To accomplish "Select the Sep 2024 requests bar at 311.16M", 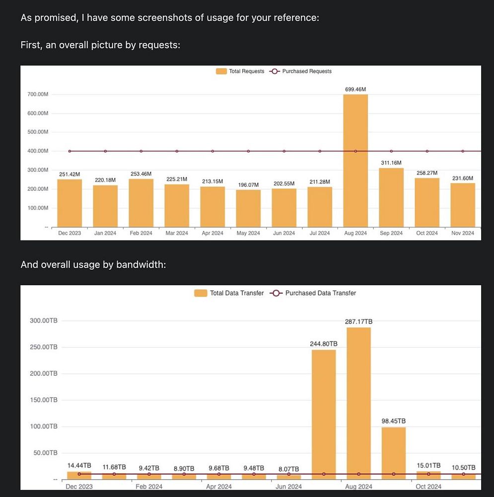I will tap(391, 197).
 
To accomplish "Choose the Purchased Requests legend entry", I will tap(301, 72).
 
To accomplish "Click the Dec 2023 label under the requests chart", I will tap(70, 233).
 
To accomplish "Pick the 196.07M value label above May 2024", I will tap(248, 185).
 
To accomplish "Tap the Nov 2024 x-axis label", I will tap(463, 233).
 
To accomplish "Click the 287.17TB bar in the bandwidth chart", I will tap(358, 403).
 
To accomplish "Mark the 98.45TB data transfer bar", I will tap(394, 453).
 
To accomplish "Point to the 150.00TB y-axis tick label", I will tap(44, 400).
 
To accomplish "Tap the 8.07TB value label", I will tap(288, 469).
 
